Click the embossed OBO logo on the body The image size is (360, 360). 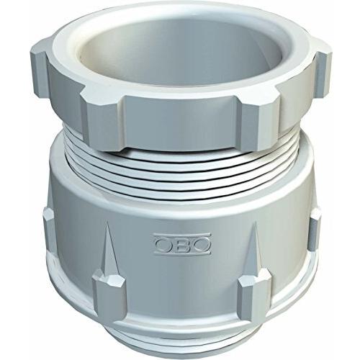182,244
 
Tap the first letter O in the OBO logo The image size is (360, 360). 163,244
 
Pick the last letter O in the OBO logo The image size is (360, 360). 202,244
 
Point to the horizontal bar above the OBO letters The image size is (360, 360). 182,235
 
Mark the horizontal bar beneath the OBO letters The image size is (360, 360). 182,253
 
